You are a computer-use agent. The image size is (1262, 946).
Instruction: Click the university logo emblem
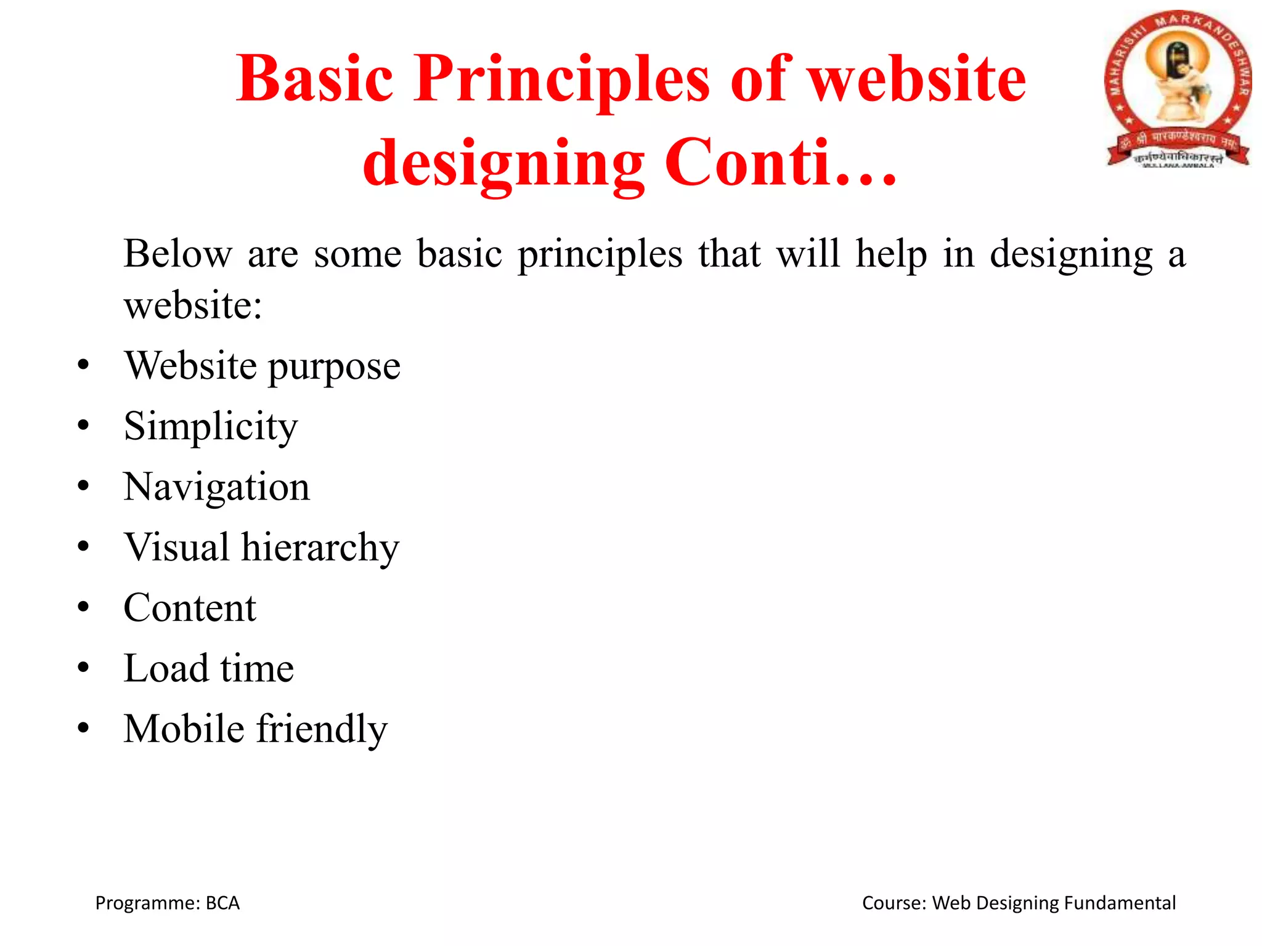click(x=1178, y=89)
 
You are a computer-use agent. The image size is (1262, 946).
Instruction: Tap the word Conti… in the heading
click(x=780, y=163)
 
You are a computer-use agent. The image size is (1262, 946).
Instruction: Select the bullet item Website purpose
click(x=263, y=366)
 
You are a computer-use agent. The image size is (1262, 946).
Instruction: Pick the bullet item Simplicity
click(x=211, y=426)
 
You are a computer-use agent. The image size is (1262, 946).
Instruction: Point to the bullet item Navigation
click(x=217, y=487)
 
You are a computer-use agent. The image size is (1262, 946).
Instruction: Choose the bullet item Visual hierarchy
click(x=262, y=547)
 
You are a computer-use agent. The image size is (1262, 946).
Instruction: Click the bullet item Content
click(x=190, y=608)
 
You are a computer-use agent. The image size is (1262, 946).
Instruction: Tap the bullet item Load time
click(x=209, y=668)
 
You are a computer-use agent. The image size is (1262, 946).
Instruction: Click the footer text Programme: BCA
click(x=167, y=903)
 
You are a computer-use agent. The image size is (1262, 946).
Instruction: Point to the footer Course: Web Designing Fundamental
click(x=1019, y=903)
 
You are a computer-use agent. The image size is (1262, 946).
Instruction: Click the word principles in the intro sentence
click(x=600, y=254)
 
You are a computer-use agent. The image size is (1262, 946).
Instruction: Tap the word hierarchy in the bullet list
click(x=320, y=547)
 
